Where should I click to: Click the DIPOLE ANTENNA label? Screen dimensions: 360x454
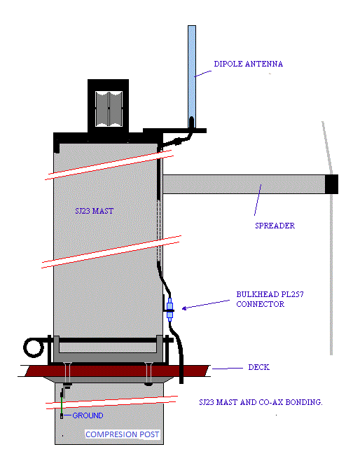point(249,64)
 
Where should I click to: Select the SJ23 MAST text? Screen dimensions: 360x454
point(95,211)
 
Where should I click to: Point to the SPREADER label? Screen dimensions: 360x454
point(275,226)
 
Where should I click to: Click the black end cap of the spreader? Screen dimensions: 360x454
point(331,184)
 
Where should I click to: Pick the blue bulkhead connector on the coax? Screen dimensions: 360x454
point(170,310)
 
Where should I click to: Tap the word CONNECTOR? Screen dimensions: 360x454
point(260,304)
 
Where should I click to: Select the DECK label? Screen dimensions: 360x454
point(258,367)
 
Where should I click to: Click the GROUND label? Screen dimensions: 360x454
point(88,415)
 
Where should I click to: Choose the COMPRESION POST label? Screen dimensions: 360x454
point(122,434)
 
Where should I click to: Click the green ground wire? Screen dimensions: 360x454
point(62,406)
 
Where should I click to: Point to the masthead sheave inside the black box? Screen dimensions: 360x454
point(109,109)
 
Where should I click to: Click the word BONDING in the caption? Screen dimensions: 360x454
point(304,402)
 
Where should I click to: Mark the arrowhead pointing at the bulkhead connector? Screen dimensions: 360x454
point(184,308)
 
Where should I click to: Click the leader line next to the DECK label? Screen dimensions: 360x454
point(228,369)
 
